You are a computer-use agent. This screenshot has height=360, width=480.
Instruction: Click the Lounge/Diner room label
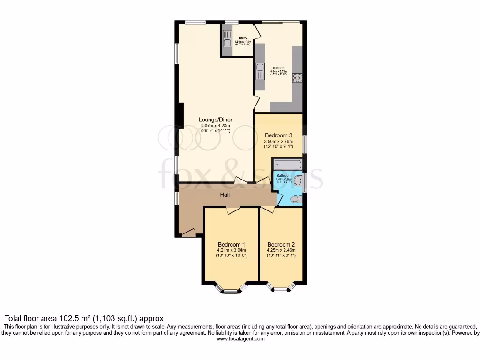(217, 120)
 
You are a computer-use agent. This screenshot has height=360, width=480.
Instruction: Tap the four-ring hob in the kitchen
(297, 78)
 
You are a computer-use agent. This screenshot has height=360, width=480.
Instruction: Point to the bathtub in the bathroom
(287, 165)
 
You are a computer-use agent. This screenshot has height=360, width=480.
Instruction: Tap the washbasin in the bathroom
(298, 181)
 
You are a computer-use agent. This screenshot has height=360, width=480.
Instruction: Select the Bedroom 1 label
(232, 245)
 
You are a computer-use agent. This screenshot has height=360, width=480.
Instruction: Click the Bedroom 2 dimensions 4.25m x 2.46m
(281, 250)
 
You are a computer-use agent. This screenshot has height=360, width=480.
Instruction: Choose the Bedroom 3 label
(279, 135)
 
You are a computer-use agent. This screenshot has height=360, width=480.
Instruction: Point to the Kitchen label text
(278, 68)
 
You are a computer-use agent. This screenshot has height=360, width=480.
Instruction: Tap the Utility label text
(243, 38)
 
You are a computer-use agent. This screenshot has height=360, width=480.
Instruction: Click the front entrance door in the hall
(189, 232)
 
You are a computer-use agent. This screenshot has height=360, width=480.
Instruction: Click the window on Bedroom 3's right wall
(304, 144)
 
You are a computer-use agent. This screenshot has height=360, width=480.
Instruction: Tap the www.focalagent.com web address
(240, 338)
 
